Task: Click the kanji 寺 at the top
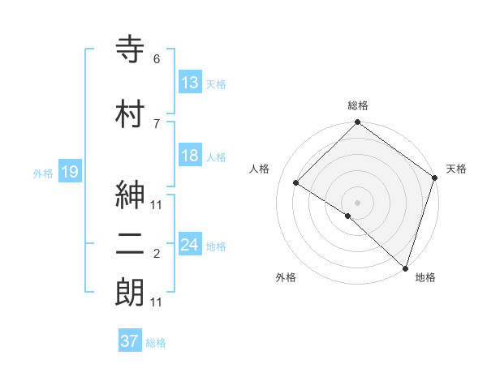(x=131, y=50)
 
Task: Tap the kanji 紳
(x=131, y=198)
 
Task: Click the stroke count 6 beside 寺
(x=156, y=59)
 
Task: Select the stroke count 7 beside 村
(x=156, y=123)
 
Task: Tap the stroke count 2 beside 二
(x=156, y=255)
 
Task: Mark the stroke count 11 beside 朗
(x=156, y=302)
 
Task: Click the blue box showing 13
(x=189, y=82)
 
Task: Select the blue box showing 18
(x=189, y=156)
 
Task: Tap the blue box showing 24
(x=189, y=244)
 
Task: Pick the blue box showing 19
(x=69, y=171)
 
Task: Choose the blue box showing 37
(x=129, y=341)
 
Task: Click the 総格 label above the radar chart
(x=357, y=105)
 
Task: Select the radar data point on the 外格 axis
(x=347, y=216)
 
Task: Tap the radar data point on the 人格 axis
(x=296, y=183)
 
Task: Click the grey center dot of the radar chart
(x=357, y=202)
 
